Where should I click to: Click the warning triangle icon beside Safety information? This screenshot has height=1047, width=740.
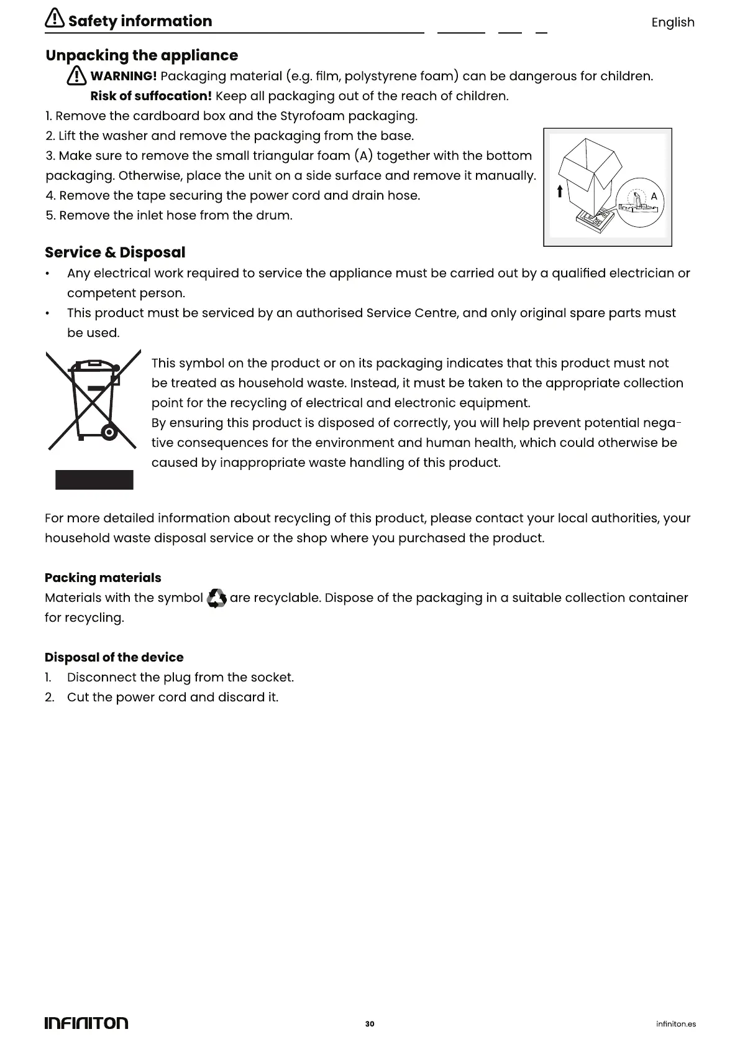tap(55, 19)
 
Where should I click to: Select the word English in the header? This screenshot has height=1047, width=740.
tap(672, 22)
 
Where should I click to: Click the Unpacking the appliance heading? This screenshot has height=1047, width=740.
tap(142, 55)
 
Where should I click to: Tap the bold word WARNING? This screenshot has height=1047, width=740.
tap(124, 76)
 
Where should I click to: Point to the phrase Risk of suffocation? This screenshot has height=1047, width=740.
tap(151, 96)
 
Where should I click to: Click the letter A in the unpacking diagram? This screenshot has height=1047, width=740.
tap(654, 196)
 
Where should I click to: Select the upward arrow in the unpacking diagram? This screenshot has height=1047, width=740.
tap(560, 191)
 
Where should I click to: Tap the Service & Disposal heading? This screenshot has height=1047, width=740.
tap(115, 252)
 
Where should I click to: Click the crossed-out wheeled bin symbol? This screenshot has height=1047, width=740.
tap(93, 399)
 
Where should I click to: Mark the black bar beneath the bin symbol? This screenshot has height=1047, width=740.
tap(94, 480)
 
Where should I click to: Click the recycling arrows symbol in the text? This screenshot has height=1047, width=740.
tap(216, 598)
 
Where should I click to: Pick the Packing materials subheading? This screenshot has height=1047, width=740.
tap(103, 578)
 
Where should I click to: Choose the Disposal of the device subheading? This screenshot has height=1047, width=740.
tap(114, 657)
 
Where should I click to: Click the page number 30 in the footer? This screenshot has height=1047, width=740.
tap(370, 1023)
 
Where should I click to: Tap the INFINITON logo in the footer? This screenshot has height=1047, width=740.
tap(86, 1023)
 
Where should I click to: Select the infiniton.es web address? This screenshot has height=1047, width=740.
tap(676, 1024)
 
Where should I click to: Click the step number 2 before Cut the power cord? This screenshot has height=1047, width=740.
tap(50, 697)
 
